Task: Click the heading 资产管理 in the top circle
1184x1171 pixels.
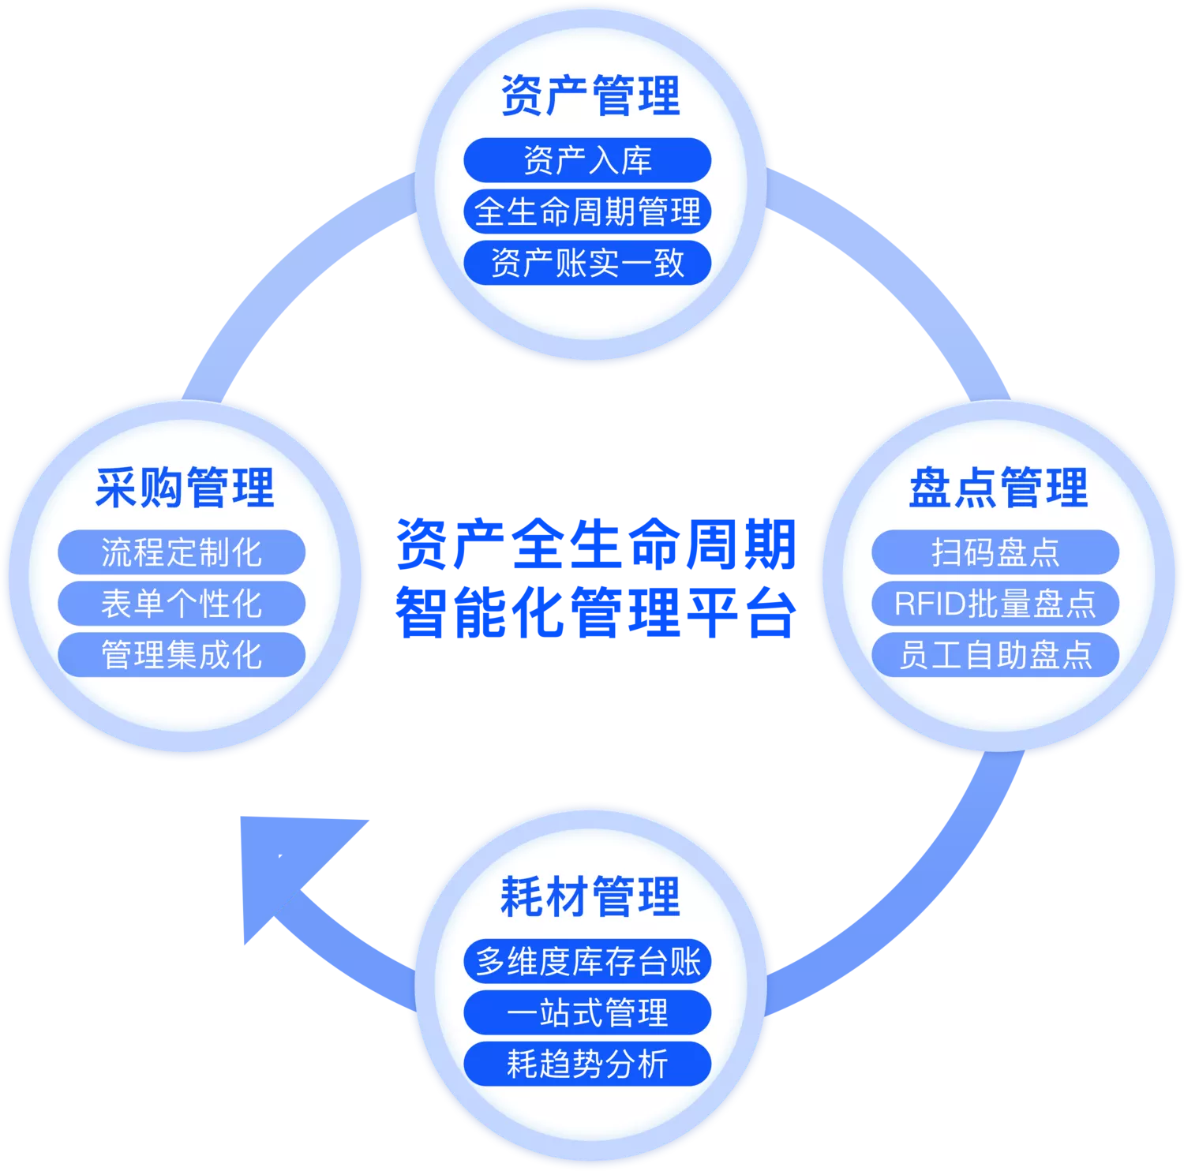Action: (590, 96)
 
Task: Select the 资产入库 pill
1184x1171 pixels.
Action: (587, 160)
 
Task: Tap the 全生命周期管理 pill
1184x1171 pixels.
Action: (587, 211)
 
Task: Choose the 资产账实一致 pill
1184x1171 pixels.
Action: (587, 263)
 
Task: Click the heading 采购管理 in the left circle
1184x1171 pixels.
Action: (184, 488)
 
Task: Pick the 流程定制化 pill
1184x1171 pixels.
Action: (182, 552)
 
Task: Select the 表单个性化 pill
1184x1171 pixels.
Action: (182, 604)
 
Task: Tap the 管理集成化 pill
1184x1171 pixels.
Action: (182, 655)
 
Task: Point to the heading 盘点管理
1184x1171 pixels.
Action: (998, 488)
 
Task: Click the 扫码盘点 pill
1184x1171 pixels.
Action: (995, 552)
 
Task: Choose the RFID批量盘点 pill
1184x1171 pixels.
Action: (995, 604)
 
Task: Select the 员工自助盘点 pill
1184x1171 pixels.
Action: (995, 655)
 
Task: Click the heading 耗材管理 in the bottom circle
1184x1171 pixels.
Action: (590, 897)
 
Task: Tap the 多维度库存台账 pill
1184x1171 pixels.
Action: (587, 961)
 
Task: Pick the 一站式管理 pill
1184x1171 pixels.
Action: (587, 1012)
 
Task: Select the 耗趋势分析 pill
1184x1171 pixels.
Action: (587, 1064)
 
